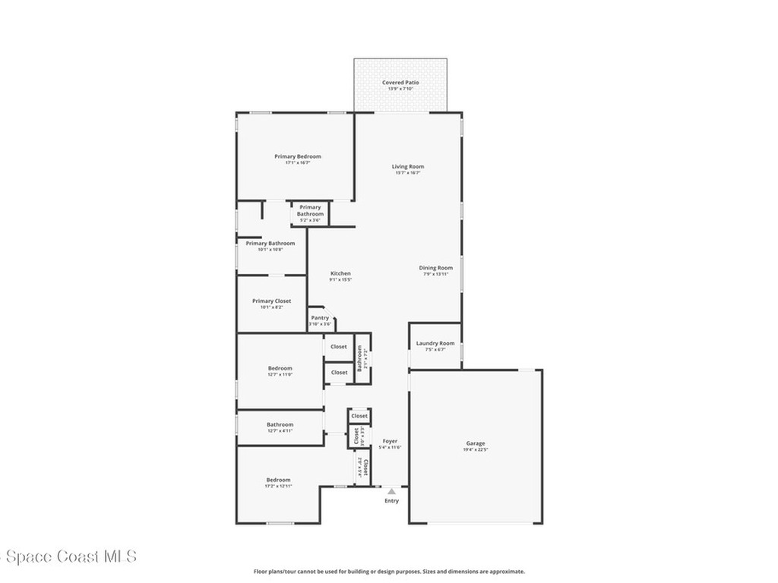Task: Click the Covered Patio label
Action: [x=400, y=83]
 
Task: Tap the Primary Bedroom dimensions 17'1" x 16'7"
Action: [x=298, y=163]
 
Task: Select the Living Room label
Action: [x=408, y=166]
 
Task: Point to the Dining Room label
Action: [x=436, y=267]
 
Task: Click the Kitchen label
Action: [x=340, y=273]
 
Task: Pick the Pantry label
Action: [x=320, y=318]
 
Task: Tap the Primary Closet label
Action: [x=272, y=301]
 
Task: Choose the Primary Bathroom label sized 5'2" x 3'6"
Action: [x=310, y=210]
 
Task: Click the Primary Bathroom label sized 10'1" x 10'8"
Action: [x=270, y=243]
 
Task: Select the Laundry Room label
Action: [x=435, y=343]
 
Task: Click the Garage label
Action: [x=476, y=443]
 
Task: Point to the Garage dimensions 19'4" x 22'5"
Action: [x=476, y=450]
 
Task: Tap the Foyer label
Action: [x=390, y=440]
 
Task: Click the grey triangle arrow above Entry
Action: [x=391, y=491]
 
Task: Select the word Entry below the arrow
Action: [x=391, y=501]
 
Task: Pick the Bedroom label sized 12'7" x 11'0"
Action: [x=280, y=368]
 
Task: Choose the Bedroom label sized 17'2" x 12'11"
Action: [x=278, y=480]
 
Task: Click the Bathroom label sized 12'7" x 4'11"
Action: [x=280, y=424]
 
